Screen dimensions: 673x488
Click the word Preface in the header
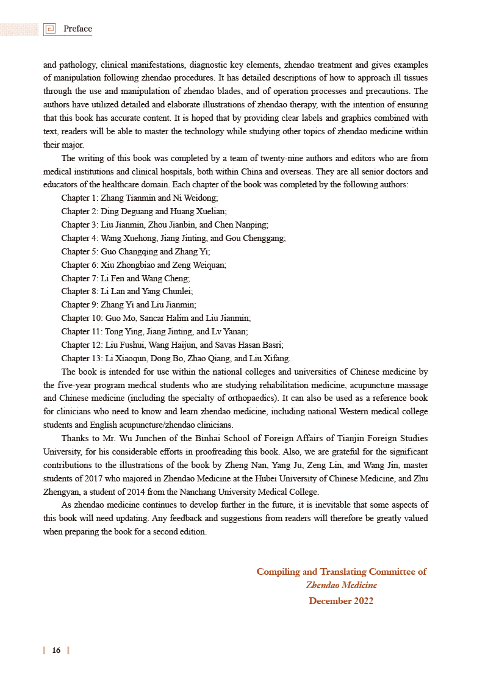pyautogui.click(x=77, y=29)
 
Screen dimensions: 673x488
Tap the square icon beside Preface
pyautogui.click(x=50, y=29)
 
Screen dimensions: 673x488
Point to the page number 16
pyautogui.click(x=56, y=650)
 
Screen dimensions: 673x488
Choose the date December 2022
pyautogui.click(x=341, y=600)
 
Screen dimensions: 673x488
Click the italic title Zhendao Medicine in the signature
pyautogui.click(x=341, y=585)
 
